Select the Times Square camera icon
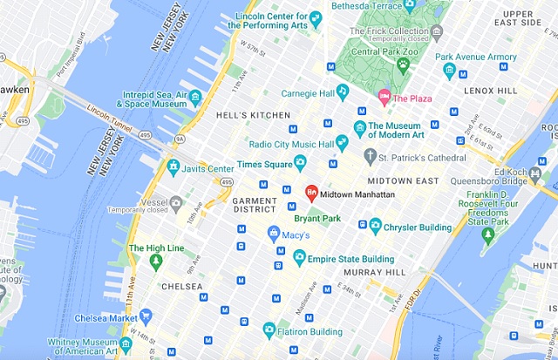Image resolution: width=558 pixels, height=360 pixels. pyautogui.click(x=300, y=161)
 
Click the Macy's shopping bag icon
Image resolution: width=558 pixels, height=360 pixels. pyautogui.click(x=273, y=234)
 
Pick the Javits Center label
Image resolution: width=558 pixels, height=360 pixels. pyautogui.click(x=208, y=168)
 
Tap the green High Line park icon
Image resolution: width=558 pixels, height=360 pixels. pyautogui.click(x=155, y=261)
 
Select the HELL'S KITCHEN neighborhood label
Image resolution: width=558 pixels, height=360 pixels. pyautogui.click(x=252, y=115)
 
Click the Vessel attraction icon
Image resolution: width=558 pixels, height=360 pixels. pyautogui.click(x=176, y=202)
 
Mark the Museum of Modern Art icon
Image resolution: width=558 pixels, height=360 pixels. pyautogui.click(x=357, y=129)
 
